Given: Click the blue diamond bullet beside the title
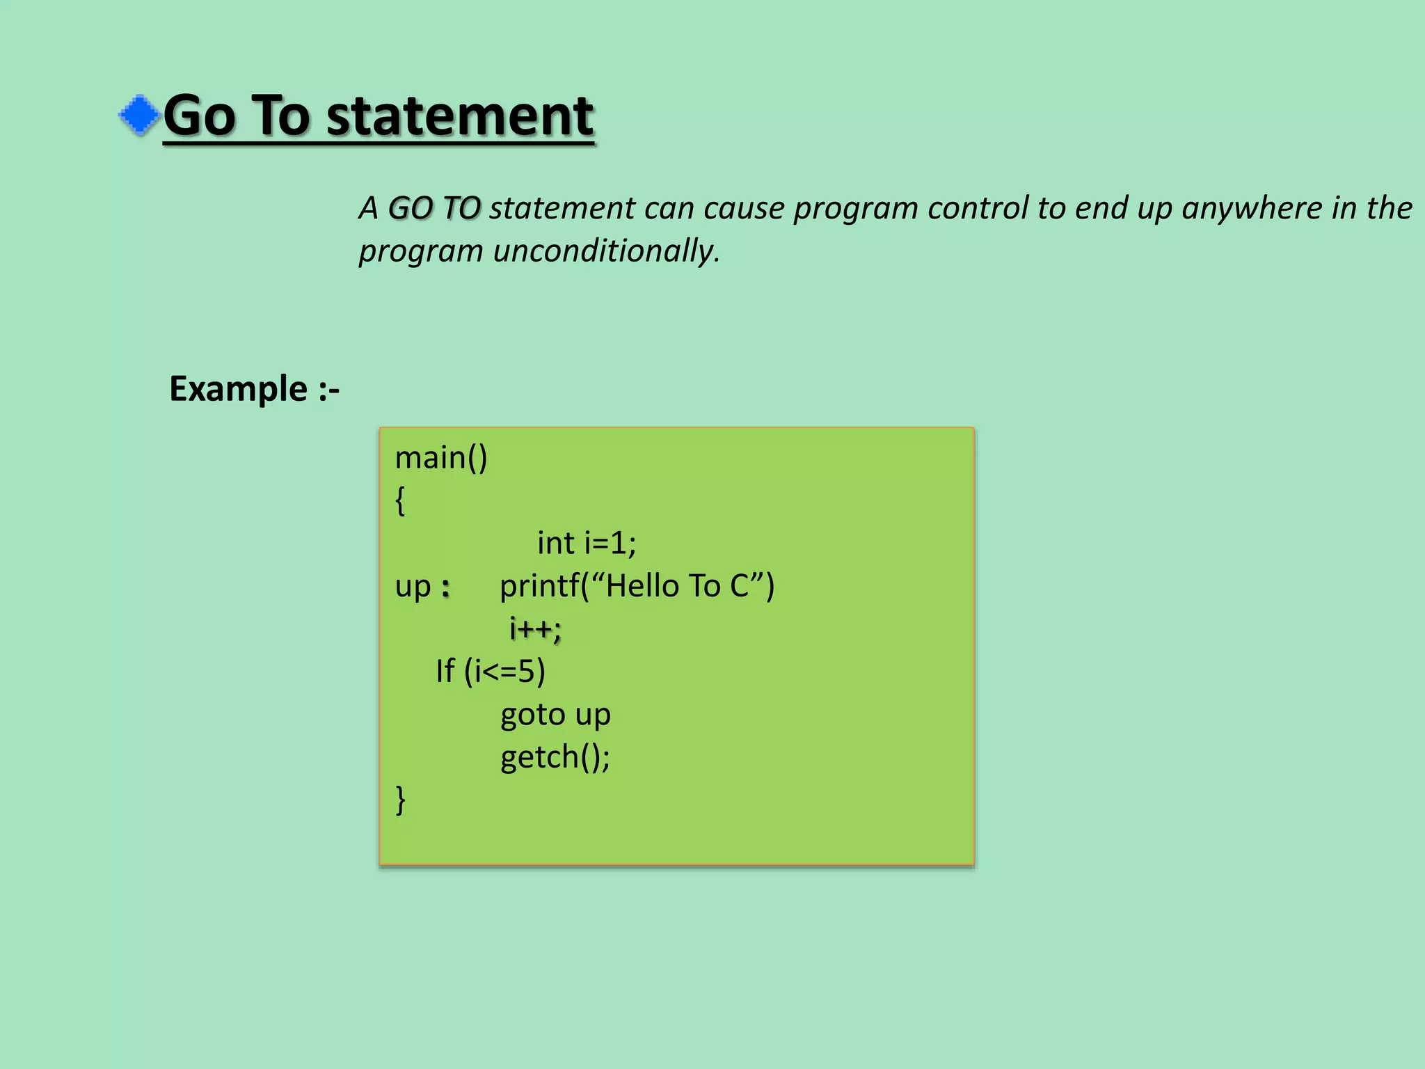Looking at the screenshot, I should pyautogui.click(x=140, y=115).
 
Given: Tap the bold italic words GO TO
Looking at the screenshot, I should pyautogui.click(x=434, y=208).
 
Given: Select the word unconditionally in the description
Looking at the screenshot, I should pyautogui.click(x=606, y=251).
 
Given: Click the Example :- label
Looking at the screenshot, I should pyautogui.click(x=254, y=388).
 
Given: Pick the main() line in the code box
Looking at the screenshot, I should pyautogui.click(x=441, y=458).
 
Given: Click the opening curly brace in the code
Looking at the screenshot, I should pyautogui.click(x=400, y=500).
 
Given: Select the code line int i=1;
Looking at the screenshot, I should pyautogui.click(x=586, y=543).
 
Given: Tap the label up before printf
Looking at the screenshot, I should pyautogui.click(x=413, y=586).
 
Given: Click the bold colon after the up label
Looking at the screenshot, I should pyautogui.click(x=446, y=589).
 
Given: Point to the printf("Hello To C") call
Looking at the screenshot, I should pyautogui.click(x=637, y=586).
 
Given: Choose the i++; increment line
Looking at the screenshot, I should pyautogui.click(x=534, y=628).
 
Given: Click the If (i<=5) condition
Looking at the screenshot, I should pyautogui.click(x=491, y=672).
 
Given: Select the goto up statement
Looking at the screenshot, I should pyautogui.click(x=555, y=715).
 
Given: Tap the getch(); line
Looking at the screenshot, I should pyautogui.click(x=555, y=757).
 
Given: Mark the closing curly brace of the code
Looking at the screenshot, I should pyautogui.click(x=400, y=800).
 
